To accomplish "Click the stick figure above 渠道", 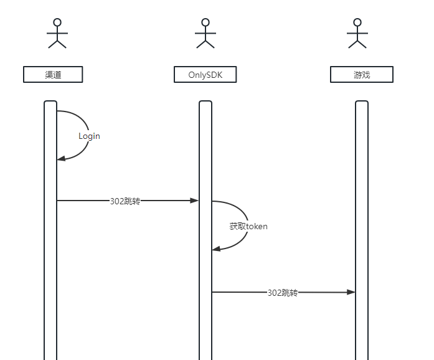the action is coord(57,33).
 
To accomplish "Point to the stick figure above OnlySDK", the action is coord(205,33).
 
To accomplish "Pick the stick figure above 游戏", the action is coord(357,33).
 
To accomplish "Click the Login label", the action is coord(89,136).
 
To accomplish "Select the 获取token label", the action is coord(248,227).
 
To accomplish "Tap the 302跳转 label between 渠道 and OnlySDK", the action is coord(125,201).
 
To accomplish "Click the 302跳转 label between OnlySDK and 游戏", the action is coord(283,293).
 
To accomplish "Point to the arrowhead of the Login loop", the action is coord(61,159).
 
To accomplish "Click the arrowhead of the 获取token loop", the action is coord(216,249).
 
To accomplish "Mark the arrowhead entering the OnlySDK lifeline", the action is coord(194,201).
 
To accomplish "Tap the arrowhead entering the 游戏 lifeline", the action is coord(351,292).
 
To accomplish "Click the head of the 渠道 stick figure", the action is coord(57,22).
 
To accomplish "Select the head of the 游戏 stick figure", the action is coord(357,22).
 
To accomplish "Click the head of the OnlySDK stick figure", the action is coord(205,22).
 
